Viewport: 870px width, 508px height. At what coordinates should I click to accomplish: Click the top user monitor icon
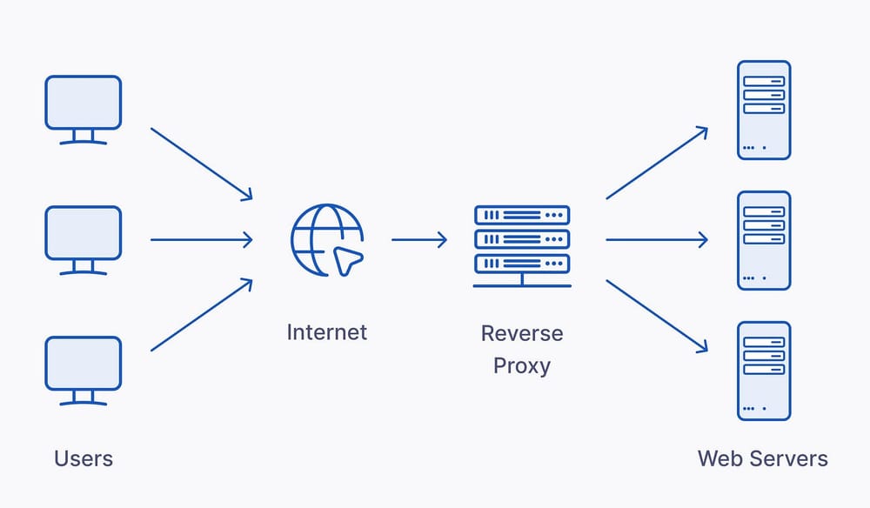click(x=83, y=108)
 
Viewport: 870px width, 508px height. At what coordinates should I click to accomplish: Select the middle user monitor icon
click(x=83, y=238)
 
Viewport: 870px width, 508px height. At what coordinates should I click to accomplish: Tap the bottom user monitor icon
click(x=83, y=370)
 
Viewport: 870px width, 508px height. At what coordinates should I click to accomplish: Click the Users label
click(x=84, y=458)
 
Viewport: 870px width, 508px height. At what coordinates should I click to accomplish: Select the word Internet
click(x=326, y=332)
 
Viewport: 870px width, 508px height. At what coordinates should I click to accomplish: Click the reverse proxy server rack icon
click(x=522, y=244)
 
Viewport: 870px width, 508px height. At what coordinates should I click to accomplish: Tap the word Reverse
click(x=522, y=333)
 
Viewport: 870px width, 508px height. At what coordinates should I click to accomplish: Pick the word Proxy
click(x=522, y=365)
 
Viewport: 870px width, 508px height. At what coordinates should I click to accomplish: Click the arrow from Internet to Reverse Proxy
click(x=419, y=239)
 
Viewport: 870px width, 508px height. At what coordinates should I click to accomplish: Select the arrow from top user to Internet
click(x=202, y=164)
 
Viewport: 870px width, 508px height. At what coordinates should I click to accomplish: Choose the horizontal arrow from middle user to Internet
click(x=202, y=239)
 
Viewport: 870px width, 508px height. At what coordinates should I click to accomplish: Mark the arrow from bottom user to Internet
click(x=202, y=315)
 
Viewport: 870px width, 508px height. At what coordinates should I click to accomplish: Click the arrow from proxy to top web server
click(x=657, y=164)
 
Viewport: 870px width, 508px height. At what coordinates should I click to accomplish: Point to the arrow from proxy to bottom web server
click(x=657, y=315)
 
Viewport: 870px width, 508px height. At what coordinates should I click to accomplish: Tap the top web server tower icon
click(x=763, y=110)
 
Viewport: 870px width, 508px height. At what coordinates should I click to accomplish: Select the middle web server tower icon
click(x=763, y=240)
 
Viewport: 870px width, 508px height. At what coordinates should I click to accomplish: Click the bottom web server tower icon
click(x=763, y=371)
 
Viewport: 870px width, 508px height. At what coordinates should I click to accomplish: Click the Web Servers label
click(x=762, y=458)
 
